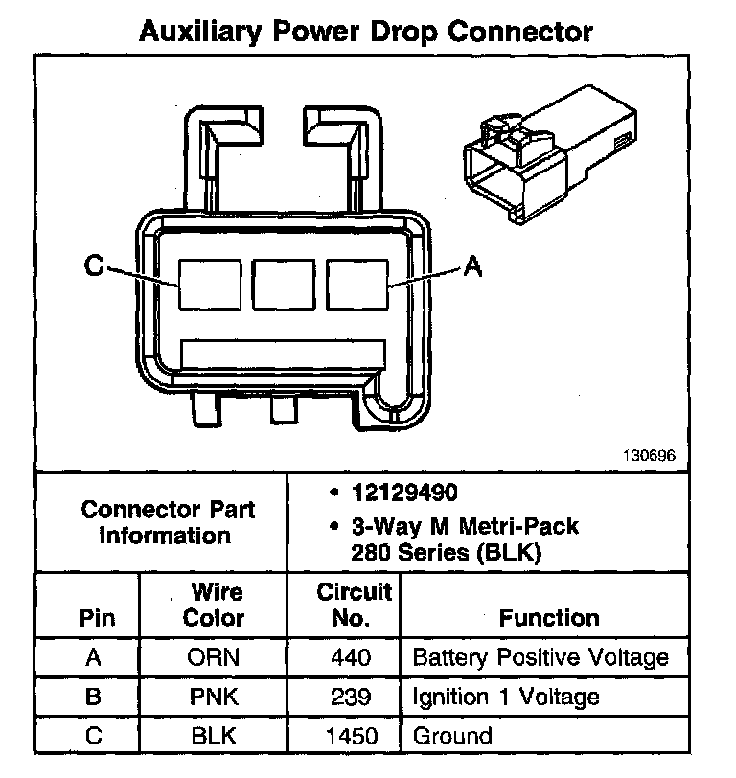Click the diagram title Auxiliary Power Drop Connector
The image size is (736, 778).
click(x=366, y=31)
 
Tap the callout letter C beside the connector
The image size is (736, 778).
click(x=93, y=266)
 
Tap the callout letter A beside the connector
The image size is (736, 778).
click(x=471, y=267)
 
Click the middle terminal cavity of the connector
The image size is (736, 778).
click(x=284, y=284)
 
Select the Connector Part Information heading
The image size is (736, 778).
click(x=167, y=522)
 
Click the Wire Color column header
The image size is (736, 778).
click(x=214, y=605)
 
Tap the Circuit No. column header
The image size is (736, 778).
click(x=354, y=605)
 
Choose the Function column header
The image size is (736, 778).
click(x=549, y=618)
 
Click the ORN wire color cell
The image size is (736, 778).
click(x=214, y=658)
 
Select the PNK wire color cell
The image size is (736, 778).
click(x=214, y=697)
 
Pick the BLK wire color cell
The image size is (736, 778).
click(x=214, y=736)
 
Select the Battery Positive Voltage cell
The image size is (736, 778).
click(x=540, y=658)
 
